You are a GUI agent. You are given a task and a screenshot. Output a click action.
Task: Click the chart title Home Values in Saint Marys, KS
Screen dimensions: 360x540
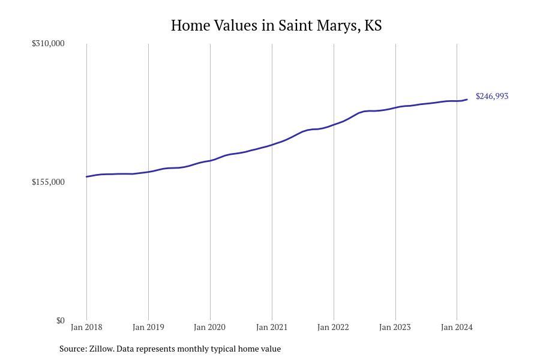(276, 26)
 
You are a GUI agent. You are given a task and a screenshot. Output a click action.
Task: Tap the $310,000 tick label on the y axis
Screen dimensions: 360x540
(48, 43)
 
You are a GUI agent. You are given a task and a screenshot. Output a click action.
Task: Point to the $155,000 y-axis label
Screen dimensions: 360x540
(48, 182)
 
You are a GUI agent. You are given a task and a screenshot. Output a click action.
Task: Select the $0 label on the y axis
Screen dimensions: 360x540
(60, 320)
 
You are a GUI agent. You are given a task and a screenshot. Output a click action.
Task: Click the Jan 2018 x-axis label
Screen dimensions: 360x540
(86, 327)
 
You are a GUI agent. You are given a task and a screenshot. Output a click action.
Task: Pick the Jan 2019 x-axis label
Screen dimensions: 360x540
(148, 327)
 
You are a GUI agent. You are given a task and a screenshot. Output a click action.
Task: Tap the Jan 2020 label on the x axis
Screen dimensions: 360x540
(210, 327)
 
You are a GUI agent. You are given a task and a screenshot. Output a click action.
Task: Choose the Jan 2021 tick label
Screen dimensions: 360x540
(272, 327)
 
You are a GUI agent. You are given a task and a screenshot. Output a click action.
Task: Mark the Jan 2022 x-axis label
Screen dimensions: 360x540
(334, 327)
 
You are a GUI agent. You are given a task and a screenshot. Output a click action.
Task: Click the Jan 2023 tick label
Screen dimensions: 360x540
(395, 327)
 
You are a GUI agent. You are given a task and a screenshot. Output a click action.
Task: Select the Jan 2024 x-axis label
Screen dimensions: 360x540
(457, 327)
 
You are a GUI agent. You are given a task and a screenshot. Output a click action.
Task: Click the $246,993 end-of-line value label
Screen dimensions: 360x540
(492, 96)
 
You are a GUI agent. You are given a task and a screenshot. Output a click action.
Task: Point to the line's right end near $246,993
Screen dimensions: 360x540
(467, 100)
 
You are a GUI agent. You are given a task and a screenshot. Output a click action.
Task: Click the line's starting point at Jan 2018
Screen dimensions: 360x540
(87, 176)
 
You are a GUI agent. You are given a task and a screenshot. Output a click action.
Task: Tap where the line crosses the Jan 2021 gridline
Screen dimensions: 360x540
(272, 145)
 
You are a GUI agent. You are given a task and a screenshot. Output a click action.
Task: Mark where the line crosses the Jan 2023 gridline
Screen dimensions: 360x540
(395, 107)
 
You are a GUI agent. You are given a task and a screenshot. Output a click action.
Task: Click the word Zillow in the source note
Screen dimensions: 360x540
(101, 349)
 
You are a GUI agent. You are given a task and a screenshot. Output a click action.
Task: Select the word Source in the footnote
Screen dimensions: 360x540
(72, 349)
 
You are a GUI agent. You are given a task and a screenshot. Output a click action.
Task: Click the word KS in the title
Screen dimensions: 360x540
(373, 26)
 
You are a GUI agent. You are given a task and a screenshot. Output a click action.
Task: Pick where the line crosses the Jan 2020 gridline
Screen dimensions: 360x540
(210, 160)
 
